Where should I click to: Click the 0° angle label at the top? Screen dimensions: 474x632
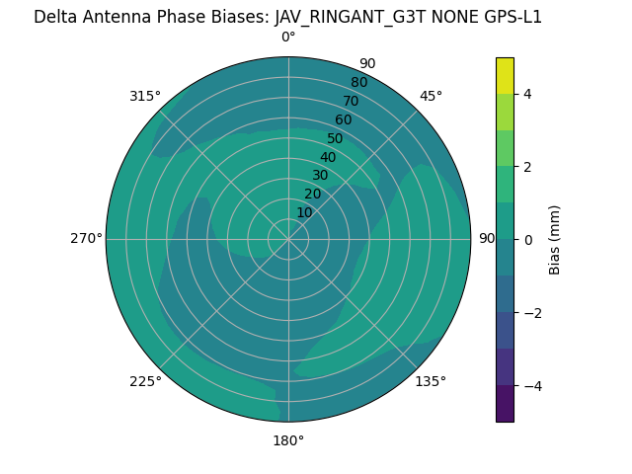coord(288,38)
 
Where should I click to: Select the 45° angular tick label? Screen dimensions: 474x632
coord(431,96)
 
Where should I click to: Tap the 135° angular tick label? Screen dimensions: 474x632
coord(431,381)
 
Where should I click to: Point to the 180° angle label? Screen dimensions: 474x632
coord(288,440)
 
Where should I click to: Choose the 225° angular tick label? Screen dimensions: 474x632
coord(145,381)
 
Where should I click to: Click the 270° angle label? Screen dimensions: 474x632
coord(86,238)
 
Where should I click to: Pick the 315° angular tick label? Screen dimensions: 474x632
coord(145,96)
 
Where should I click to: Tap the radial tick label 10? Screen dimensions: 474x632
coord(304,212)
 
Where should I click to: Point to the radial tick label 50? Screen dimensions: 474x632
coord(335,138)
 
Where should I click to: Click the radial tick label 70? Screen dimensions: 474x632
coord(351,101)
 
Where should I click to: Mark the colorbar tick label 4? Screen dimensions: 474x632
coord(527,94)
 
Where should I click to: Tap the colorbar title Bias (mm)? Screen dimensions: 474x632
coord(555,239)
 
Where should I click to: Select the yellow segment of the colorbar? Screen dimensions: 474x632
coord(505,75)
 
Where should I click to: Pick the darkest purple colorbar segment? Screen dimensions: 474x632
coord(505,403)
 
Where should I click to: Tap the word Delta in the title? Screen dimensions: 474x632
coord(55,17)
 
